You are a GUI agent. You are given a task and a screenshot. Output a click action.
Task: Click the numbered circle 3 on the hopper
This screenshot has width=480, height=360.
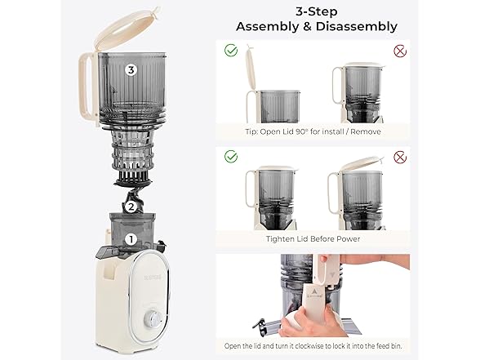coord(131,70)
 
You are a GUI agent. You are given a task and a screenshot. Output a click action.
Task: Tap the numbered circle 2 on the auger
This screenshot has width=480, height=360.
coord(131,207)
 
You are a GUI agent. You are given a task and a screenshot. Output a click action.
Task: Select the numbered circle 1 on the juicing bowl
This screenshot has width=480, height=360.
coord(131,239)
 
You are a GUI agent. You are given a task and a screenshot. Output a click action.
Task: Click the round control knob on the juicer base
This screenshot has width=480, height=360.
coord(152,320)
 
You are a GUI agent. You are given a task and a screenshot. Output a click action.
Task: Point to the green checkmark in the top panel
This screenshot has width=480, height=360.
coord(231,50)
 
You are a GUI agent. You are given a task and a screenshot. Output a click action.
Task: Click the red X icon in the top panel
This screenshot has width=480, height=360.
coord(400,51)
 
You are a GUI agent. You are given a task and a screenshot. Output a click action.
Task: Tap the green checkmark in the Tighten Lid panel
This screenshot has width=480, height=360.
coord(231,156)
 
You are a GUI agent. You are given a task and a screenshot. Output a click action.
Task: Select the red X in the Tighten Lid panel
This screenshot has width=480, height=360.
coord(400,158)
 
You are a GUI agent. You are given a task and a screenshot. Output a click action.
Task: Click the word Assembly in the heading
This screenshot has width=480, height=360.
coord(267,27)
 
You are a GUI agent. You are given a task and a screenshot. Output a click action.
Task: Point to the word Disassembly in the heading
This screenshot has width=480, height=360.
coord(357,26)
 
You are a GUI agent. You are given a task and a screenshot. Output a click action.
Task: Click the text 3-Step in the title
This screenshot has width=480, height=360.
coord(316,12)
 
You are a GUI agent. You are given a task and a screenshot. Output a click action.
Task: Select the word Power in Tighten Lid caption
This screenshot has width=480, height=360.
coord(349,238)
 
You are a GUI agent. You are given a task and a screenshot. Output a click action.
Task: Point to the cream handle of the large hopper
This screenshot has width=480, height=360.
coord(88,89)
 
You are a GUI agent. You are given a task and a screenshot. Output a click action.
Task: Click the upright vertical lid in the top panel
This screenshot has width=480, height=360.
coord(251,69)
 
